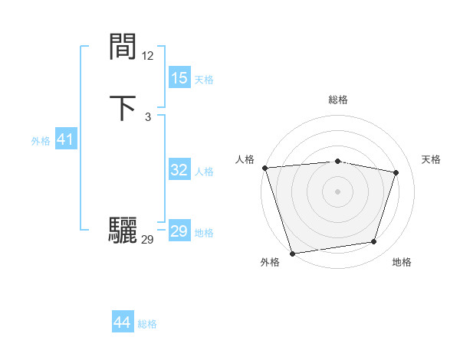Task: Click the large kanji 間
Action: (123, 47)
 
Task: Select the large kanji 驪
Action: (123, 231)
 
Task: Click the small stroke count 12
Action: (147, 56)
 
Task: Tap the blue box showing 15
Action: (179, 78)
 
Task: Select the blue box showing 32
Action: (179, 170)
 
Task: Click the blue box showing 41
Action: (65, 140)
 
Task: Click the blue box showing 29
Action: (179, 231)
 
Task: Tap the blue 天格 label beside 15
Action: (203, 80)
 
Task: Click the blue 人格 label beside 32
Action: (203, 172)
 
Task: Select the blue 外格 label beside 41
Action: (41, 141)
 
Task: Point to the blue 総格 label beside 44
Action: (147, 324)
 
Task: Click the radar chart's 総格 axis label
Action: (337, 100)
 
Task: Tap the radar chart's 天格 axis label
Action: (431, 159)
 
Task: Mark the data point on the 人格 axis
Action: (264, 168)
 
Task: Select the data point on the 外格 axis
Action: (292, 253)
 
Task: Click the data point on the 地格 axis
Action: (374, 242)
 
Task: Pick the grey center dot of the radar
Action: (337, 191)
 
